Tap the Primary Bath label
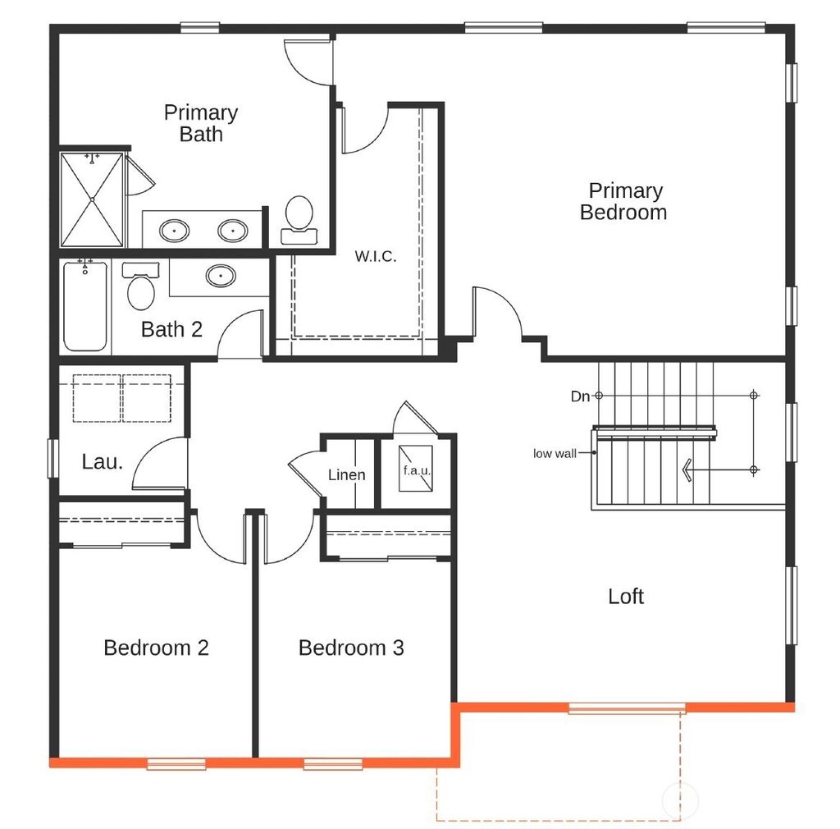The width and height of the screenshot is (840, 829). (201, 123)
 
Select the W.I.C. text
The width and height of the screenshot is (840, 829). (375, 256)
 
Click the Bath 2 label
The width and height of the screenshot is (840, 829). (171, 329)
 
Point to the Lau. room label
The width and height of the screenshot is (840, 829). (103, 461)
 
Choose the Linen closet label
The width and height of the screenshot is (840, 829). (346, 475)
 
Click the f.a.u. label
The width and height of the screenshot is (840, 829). (417, 471)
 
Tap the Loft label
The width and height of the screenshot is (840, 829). (626, 597)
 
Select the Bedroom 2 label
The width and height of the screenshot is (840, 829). (156, 648)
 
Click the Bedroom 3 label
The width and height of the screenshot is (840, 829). (351, 648)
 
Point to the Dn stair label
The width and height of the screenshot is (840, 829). (580, 396)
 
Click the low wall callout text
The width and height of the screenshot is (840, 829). (555, 453)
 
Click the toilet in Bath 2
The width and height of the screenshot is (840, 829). (140, 286)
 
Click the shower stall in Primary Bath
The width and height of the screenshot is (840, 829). (92, 199)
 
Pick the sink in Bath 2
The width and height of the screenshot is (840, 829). (221, 276)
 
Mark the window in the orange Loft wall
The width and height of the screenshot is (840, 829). (627, 708)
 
